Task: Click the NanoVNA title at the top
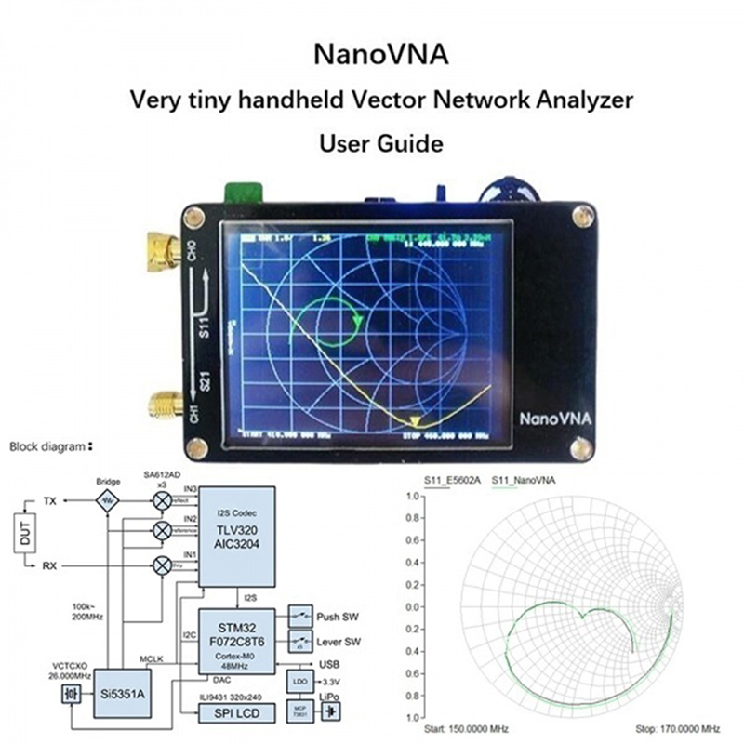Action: point(381,53)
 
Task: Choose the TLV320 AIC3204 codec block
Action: point(236,535)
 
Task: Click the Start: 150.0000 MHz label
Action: point(460,730)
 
